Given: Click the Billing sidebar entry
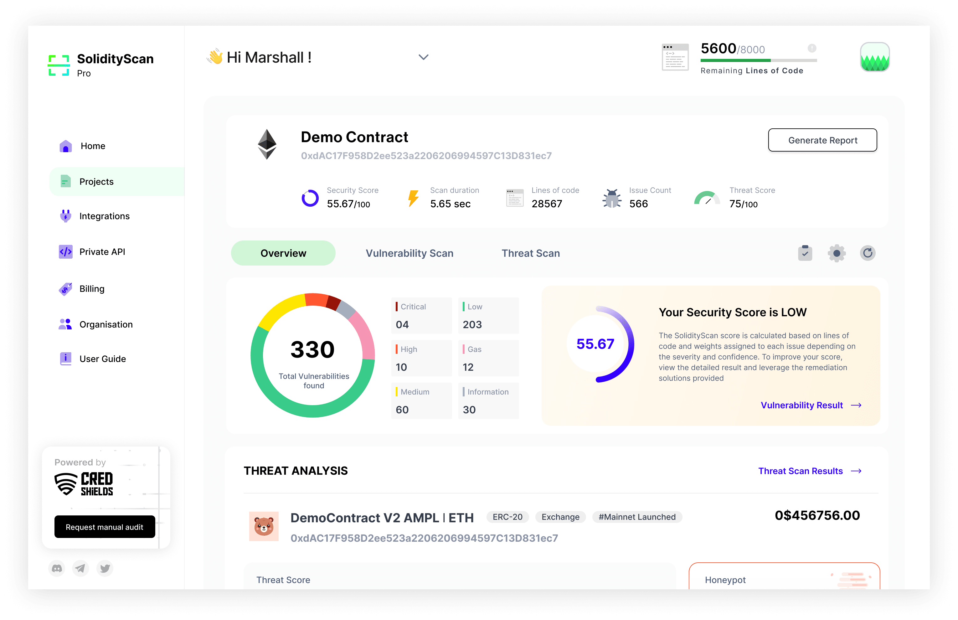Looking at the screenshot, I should [x=91, y=289].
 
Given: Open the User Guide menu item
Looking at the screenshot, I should [x=102, y=359].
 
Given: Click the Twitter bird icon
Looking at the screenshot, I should [x=105, y=568].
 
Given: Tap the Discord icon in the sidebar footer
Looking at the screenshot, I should [x=57, y=568].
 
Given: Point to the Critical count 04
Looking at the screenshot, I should [x=402, y=324].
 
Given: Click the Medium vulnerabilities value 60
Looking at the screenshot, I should [x=402, y=410].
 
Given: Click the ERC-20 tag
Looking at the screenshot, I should [x=507, y=517].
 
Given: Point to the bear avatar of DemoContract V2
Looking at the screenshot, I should [x=264, y=526].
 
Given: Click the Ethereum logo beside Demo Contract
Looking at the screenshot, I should [x=267, y=144].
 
